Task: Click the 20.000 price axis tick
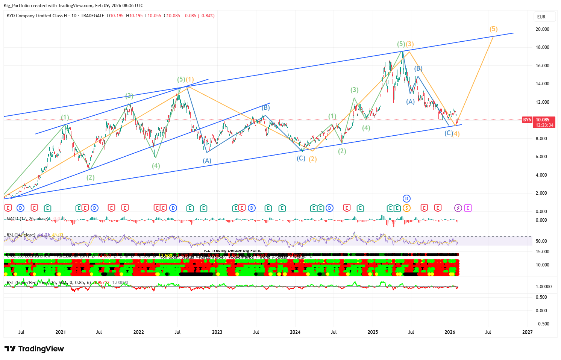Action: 543,29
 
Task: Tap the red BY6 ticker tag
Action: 527,120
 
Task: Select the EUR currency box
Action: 541,17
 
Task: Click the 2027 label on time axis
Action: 528,332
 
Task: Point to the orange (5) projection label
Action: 493,29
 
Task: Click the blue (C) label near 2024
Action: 301,159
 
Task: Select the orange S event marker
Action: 406,208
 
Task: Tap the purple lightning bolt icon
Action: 458,208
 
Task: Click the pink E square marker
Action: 468,208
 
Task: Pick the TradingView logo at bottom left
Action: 34,349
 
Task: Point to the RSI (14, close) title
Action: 21,235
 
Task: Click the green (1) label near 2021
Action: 65,118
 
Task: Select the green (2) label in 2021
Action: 91,177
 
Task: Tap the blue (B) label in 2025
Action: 418,69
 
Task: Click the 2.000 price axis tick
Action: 543,193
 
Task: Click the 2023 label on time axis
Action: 217,332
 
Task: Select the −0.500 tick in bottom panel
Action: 542,324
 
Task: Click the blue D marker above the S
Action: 406,198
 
